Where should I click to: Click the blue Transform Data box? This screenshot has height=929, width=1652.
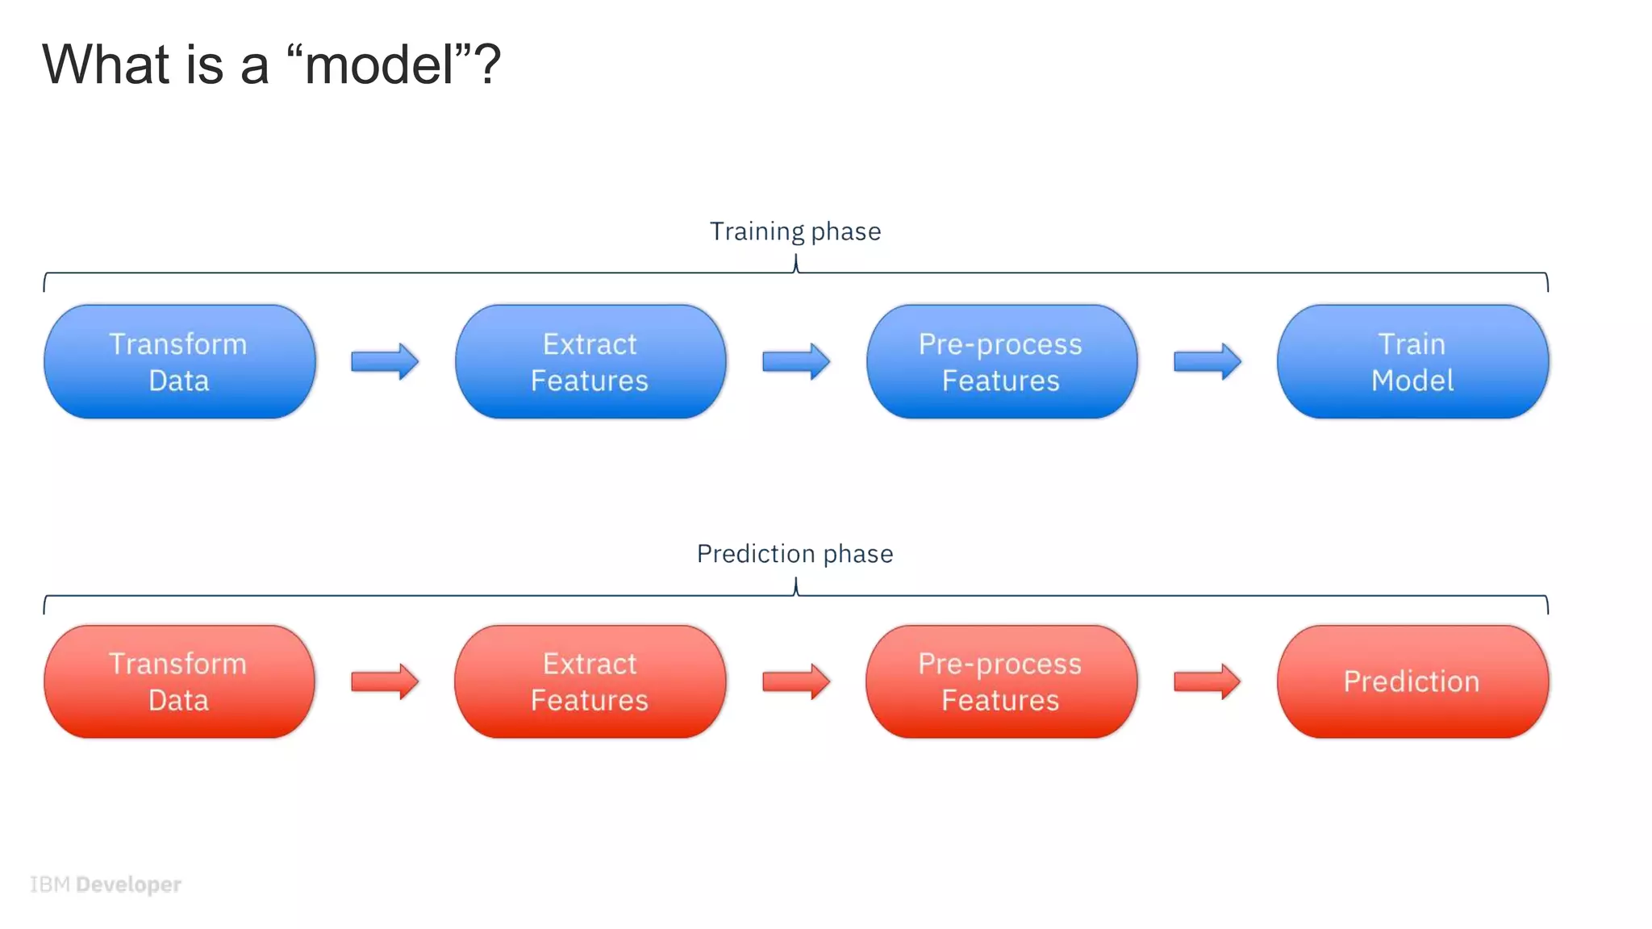[179, 362]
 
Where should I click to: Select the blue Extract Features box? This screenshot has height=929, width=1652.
[590, 362]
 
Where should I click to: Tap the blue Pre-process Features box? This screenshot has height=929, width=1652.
[1001, 362]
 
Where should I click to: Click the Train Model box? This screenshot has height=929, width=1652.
[1412, 362]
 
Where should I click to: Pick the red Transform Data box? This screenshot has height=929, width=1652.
[179, 681]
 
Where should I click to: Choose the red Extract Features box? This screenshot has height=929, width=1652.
[590, 681]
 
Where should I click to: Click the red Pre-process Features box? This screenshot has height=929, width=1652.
[1001, 681]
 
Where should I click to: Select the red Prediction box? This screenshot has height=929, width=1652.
[1412, 681]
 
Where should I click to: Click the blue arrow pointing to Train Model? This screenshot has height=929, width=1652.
[1207, 361]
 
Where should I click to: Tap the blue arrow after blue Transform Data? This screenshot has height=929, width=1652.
[385, 361]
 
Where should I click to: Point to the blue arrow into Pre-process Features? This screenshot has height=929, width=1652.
[795, 361]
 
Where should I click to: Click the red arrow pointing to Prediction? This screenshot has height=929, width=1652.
[1207, 681]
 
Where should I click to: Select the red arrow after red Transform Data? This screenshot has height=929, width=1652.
[385, 681]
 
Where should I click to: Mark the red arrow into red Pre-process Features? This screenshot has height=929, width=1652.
[795, 681]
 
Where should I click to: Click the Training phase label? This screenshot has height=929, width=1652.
[795, 231]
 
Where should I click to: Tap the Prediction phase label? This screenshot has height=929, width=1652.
[795, 554]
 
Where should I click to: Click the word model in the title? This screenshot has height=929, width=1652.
[379, 65]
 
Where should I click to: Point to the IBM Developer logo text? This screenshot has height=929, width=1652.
[106, 885]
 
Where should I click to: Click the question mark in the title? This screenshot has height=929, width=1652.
[487, 65]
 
